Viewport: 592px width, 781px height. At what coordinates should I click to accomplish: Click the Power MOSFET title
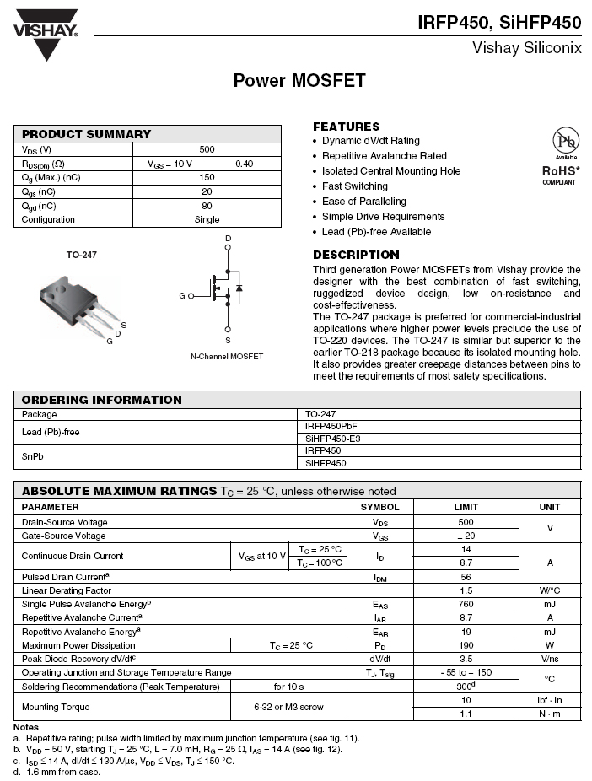coord(299,81)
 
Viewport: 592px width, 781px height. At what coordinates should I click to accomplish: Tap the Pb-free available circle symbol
coord(565,141)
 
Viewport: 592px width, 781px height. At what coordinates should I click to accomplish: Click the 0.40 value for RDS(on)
coord(245,164)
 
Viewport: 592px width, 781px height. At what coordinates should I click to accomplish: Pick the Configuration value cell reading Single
coord(207,220)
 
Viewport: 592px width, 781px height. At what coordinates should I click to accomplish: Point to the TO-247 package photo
coord(79,299)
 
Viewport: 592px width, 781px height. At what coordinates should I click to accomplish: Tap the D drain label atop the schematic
coord(228,240)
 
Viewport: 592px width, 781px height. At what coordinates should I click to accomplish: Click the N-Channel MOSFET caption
coord(227,357)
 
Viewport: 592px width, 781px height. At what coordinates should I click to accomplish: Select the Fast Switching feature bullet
coord(354,186)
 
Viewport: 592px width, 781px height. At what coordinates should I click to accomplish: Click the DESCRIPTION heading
coord(356,255)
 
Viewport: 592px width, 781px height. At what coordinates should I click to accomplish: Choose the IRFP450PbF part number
coord(331,427)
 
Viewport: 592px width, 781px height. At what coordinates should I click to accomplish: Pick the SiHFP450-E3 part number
coord(334,439)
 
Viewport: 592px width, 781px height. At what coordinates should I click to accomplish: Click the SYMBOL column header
coord(379,507)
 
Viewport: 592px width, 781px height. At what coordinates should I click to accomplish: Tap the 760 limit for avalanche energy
coord(466,604)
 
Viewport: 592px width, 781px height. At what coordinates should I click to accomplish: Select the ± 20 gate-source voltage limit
coord(466,536)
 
